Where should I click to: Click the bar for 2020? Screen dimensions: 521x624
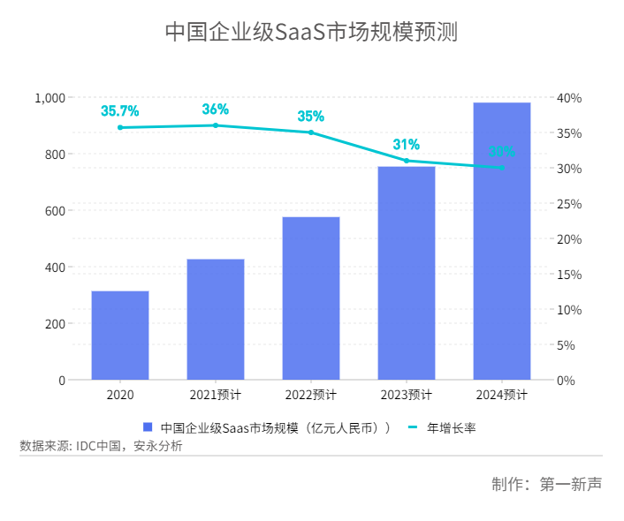(x=120, y=336)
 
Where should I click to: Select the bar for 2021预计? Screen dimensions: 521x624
(x=216, y=320)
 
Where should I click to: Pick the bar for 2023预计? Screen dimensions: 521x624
(x=407, y=273)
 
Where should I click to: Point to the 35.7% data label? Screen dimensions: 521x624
(x=120, y=111)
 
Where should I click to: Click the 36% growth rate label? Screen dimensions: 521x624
(x=216, y=109)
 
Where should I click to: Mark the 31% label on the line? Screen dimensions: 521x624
(x=407, y=145)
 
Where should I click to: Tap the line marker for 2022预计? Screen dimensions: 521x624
(x=311, y=132)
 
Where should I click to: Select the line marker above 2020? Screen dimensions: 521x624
(x=120, y=127)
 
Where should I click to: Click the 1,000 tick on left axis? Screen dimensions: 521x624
(x=49, y=97)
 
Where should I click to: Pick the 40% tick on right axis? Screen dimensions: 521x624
(x=570, y=97)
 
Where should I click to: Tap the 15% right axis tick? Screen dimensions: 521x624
(x=570, y=274)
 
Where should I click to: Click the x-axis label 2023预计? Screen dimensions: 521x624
(x=407, y=395)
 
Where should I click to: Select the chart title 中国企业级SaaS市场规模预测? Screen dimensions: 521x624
(x=311, y=32)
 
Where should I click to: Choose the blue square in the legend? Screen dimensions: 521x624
(x=148, y=428)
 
